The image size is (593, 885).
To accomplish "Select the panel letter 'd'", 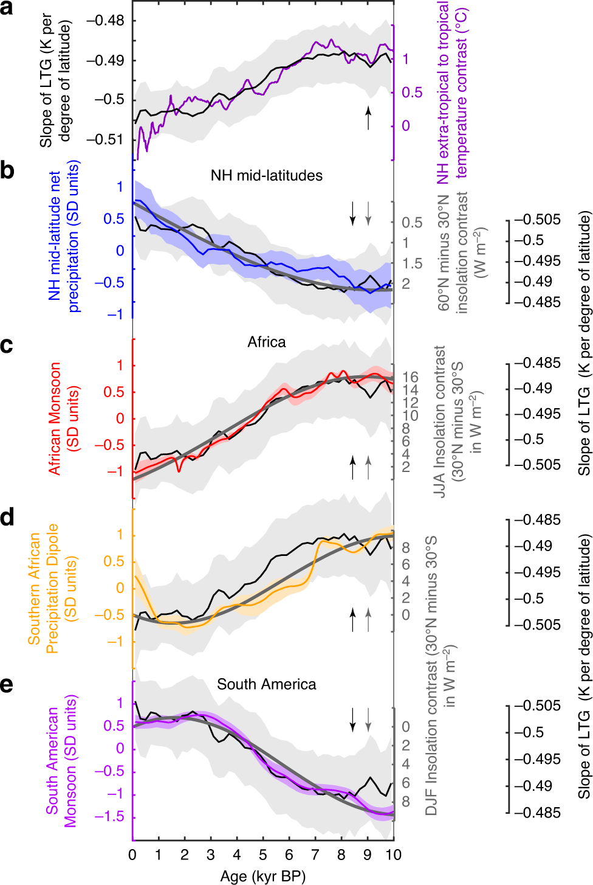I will [7, 518].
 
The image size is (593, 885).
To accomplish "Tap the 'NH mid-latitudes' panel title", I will [266, 176].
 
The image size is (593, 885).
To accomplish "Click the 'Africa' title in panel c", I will [266, 342].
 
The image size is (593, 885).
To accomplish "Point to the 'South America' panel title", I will [266, 684].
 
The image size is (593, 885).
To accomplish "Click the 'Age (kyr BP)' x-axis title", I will [262, 876].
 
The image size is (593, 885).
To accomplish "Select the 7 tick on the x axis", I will [315, 855].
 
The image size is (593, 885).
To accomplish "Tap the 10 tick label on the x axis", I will [393, 855].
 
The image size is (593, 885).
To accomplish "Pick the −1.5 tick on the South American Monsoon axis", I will [109, 817].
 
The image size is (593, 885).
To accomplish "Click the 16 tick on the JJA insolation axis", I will [410, 378].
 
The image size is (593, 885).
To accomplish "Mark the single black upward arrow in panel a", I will [368, 117].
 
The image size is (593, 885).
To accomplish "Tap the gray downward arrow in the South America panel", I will [368, 702].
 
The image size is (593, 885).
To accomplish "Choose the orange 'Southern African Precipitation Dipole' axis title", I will [44, 588].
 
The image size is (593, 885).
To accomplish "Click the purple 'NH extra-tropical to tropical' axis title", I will [452, 91].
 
